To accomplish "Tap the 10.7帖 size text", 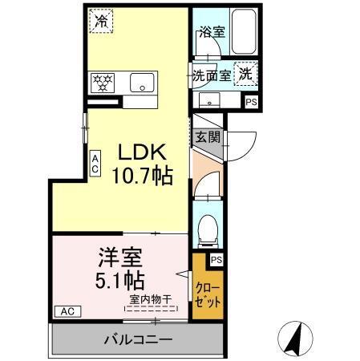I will pyautogui.click(x=141, y=176).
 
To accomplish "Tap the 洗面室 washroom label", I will pyautogui.click(x=212, y=75).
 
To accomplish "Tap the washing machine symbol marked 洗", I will pyautogui.click(x=245, y=71).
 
